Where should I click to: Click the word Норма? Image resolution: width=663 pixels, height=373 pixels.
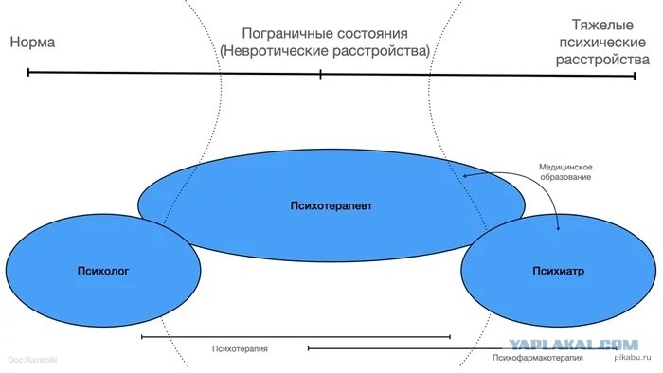32,43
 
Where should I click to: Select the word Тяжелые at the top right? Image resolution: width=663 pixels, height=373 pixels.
602,25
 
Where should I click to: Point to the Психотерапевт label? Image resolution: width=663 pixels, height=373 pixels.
331,206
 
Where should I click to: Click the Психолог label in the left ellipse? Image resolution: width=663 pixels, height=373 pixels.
103,271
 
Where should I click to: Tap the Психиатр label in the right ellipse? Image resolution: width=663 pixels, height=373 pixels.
558,271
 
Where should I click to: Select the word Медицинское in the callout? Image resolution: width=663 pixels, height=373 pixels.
565,168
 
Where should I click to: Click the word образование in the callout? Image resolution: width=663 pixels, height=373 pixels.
565,177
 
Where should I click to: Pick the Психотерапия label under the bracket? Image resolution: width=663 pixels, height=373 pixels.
240,349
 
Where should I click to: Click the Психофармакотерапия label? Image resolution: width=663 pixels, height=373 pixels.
537,358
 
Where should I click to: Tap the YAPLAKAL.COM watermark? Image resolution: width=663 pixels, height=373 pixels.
573,345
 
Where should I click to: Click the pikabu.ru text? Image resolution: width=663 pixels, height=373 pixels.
632,357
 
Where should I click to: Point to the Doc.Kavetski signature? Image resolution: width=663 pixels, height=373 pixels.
32,360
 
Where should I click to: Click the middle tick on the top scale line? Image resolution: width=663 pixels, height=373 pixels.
320,75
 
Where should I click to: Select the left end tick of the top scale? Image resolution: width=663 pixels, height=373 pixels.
28,72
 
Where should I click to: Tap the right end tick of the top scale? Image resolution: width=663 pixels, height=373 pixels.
635,76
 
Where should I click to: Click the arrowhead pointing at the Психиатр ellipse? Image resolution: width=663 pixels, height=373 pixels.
558,228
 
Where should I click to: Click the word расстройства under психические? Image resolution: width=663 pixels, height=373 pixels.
602,60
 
